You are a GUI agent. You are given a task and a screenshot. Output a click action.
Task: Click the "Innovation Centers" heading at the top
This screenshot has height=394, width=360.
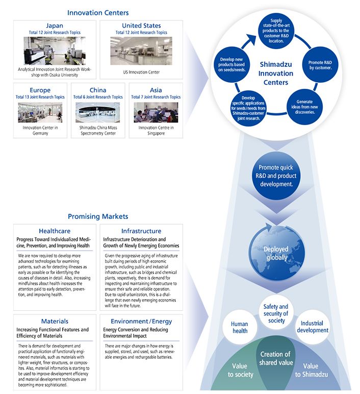98,13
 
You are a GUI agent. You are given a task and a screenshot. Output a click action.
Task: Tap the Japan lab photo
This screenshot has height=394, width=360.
55,51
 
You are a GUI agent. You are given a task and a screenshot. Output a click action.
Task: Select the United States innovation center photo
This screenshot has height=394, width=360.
141,51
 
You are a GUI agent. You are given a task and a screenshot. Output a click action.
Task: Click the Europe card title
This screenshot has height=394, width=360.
40,90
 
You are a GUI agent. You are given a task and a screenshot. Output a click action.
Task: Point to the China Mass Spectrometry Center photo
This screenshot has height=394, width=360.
98,112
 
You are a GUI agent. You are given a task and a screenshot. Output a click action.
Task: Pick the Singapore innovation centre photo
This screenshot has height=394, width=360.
156,112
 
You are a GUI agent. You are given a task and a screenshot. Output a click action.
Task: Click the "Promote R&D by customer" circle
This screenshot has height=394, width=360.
320,65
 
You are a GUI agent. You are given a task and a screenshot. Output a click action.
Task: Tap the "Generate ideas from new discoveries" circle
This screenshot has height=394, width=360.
304,107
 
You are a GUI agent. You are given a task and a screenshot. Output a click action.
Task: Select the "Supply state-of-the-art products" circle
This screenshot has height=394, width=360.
276,31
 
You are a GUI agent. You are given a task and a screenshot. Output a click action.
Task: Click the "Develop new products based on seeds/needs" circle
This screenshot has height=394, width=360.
232,65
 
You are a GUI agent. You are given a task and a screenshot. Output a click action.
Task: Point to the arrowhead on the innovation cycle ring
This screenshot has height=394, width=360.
250,40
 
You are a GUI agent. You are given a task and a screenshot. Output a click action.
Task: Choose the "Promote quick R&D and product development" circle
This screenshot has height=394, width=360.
276,176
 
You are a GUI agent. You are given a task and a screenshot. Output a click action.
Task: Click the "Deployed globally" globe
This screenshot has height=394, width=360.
276,253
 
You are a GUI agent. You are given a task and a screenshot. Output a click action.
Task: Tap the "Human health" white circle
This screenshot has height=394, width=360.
240,328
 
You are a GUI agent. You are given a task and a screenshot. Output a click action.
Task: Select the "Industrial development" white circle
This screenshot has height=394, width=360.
313,327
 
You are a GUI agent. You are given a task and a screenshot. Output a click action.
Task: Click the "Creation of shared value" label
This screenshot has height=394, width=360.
276,358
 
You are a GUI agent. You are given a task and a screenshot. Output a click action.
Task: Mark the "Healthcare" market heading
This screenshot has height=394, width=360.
55,231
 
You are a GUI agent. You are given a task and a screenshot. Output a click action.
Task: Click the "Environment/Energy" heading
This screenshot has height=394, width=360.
141,322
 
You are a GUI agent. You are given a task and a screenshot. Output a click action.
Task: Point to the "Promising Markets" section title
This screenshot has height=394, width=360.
98,216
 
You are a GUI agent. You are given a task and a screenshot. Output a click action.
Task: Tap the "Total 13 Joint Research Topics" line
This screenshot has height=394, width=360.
40,97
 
